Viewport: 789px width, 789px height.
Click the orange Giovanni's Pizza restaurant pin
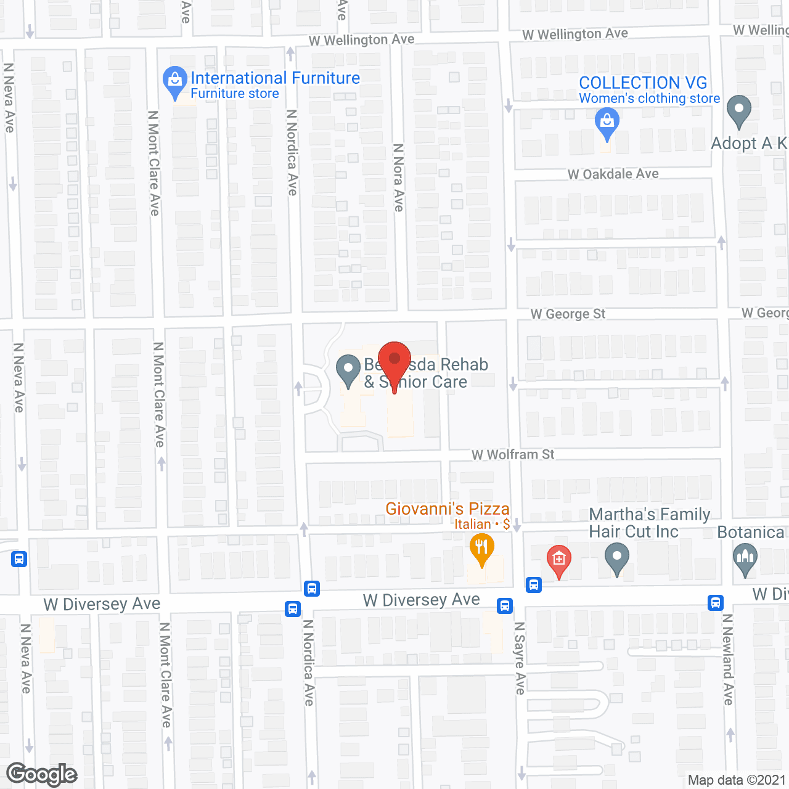click(x=482, y=549)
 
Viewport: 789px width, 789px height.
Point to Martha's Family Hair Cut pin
click(x=617, y=559)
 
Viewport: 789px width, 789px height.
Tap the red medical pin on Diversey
click(x=559, y=560)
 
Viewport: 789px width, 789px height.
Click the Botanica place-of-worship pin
click(x=745, y=560)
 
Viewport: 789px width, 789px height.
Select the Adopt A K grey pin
click(x=739, y=111)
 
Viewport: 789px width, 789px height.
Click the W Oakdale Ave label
click(x=613, y=174)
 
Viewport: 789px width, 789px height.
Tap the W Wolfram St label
click(x=513, y=455)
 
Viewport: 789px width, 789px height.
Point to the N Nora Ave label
click(x=399, y=178)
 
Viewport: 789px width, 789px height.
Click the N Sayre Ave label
click(x=520, y=658)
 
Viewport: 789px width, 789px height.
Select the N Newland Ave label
click(x=728, y=659)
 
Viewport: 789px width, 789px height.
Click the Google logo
click(x=42, y=774)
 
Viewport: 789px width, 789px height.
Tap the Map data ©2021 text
click(x=737, y=780)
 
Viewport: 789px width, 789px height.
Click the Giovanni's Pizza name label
click(x=448, y=509)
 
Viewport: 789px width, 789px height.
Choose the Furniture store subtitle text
click(x=235, y=94)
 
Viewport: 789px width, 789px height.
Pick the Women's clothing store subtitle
click(x=650, y=99)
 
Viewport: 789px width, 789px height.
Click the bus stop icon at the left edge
click(x=19, y=559)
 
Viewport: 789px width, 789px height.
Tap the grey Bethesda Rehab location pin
click(x=348, y=370)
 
